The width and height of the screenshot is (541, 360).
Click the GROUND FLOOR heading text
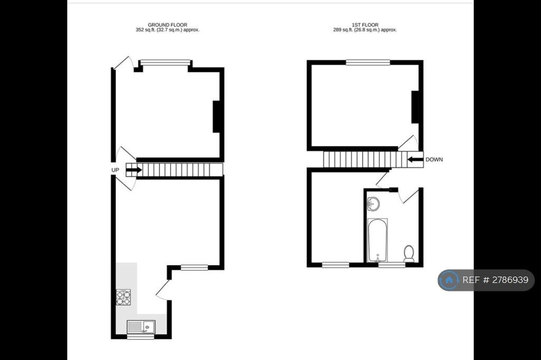coord(167,25)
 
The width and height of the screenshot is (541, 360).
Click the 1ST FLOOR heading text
coord(365,25)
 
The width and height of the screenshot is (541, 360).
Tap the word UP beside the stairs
coord(115,170)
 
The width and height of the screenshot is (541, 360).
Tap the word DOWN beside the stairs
coord(434,159)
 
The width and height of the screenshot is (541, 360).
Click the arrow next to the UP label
coord(134,170)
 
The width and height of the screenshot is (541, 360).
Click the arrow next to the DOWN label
coord(415,159)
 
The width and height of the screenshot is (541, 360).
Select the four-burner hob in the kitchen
coord(123,297)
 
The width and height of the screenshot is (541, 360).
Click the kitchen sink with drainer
coord(141,327)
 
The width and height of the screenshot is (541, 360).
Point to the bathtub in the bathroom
coord(377,240)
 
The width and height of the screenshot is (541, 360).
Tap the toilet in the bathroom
coord(409,253)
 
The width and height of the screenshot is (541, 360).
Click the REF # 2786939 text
coord(495,280)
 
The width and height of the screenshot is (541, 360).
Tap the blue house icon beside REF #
coord(449,280)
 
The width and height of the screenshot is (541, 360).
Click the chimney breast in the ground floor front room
coord(216,117)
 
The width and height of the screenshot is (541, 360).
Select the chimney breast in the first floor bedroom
coord(415,107)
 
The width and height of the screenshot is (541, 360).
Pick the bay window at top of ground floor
coord(165,62)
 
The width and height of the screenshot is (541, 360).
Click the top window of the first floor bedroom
coord(368,62)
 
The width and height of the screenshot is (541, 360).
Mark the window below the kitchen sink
coord(141,337)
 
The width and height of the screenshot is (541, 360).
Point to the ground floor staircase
coord(174,169)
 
